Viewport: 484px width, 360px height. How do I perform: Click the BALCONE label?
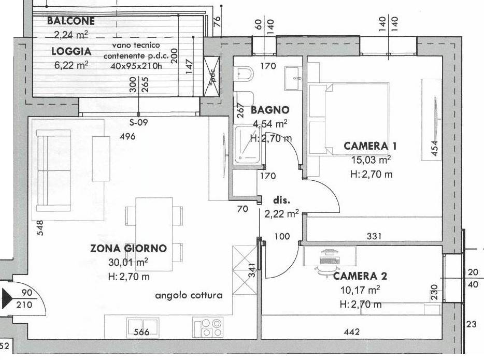click(x=70, y=21)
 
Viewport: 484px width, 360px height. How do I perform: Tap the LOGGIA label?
click(x=72, y=51)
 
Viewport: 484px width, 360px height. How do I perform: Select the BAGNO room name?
click(x=270, y=110)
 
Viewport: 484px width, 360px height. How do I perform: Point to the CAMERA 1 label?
click(x=370, y=146)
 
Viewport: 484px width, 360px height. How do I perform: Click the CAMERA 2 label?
click(x=360, y=276)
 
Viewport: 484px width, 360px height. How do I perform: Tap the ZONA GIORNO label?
click(x=129, y=248)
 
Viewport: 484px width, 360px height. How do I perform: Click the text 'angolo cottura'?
click(x=189, y=296)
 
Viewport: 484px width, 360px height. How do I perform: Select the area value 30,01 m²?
click(x=128, y=262)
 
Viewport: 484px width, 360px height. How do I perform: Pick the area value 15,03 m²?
click(x=371, y=160)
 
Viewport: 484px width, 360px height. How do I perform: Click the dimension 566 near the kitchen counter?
click(x=141, y=332)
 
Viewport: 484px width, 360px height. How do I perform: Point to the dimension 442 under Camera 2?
click(x=352, y=332)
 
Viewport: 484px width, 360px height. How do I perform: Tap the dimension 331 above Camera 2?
click(x=374, y=236)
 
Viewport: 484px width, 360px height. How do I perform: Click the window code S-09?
click(x=138, y=122)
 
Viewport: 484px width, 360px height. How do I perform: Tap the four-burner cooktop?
click(x=208, y=327)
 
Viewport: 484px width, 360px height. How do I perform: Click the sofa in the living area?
click(x=54, y=170)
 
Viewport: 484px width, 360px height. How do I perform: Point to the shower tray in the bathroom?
click(x=247, y=145)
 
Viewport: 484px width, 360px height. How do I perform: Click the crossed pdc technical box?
click(x=212, y=76)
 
